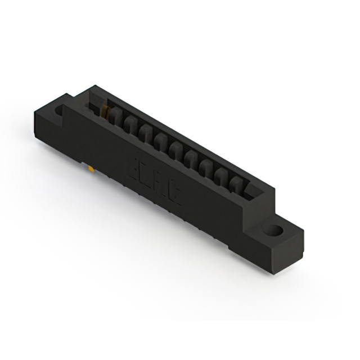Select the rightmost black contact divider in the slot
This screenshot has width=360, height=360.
[237, 186]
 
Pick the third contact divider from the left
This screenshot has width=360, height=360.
[146, 134]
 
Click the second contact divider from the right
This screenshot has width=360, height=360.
[223, 177]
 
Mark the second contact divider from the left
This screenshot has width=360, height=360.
[130, 125]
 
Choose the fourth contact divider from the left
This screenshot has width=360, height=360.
[161, 142]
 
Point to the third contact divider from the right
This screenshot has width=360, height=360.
[207, 168]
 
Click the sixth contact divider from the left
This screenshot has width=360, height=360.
[191, 159]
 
